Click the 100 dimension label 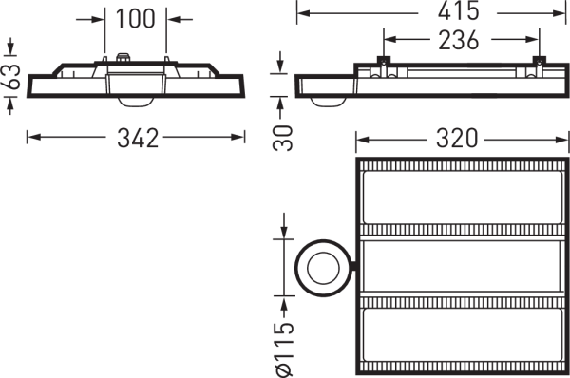135,19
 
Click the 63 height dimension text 12,76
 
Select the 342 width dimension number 138,138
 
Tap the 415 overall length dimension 459,10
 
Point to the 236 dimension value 459,40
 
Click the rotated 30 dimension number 282,138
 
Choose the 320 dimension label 457,139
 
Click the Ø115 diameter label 284,349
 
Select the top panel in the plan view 463,198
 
